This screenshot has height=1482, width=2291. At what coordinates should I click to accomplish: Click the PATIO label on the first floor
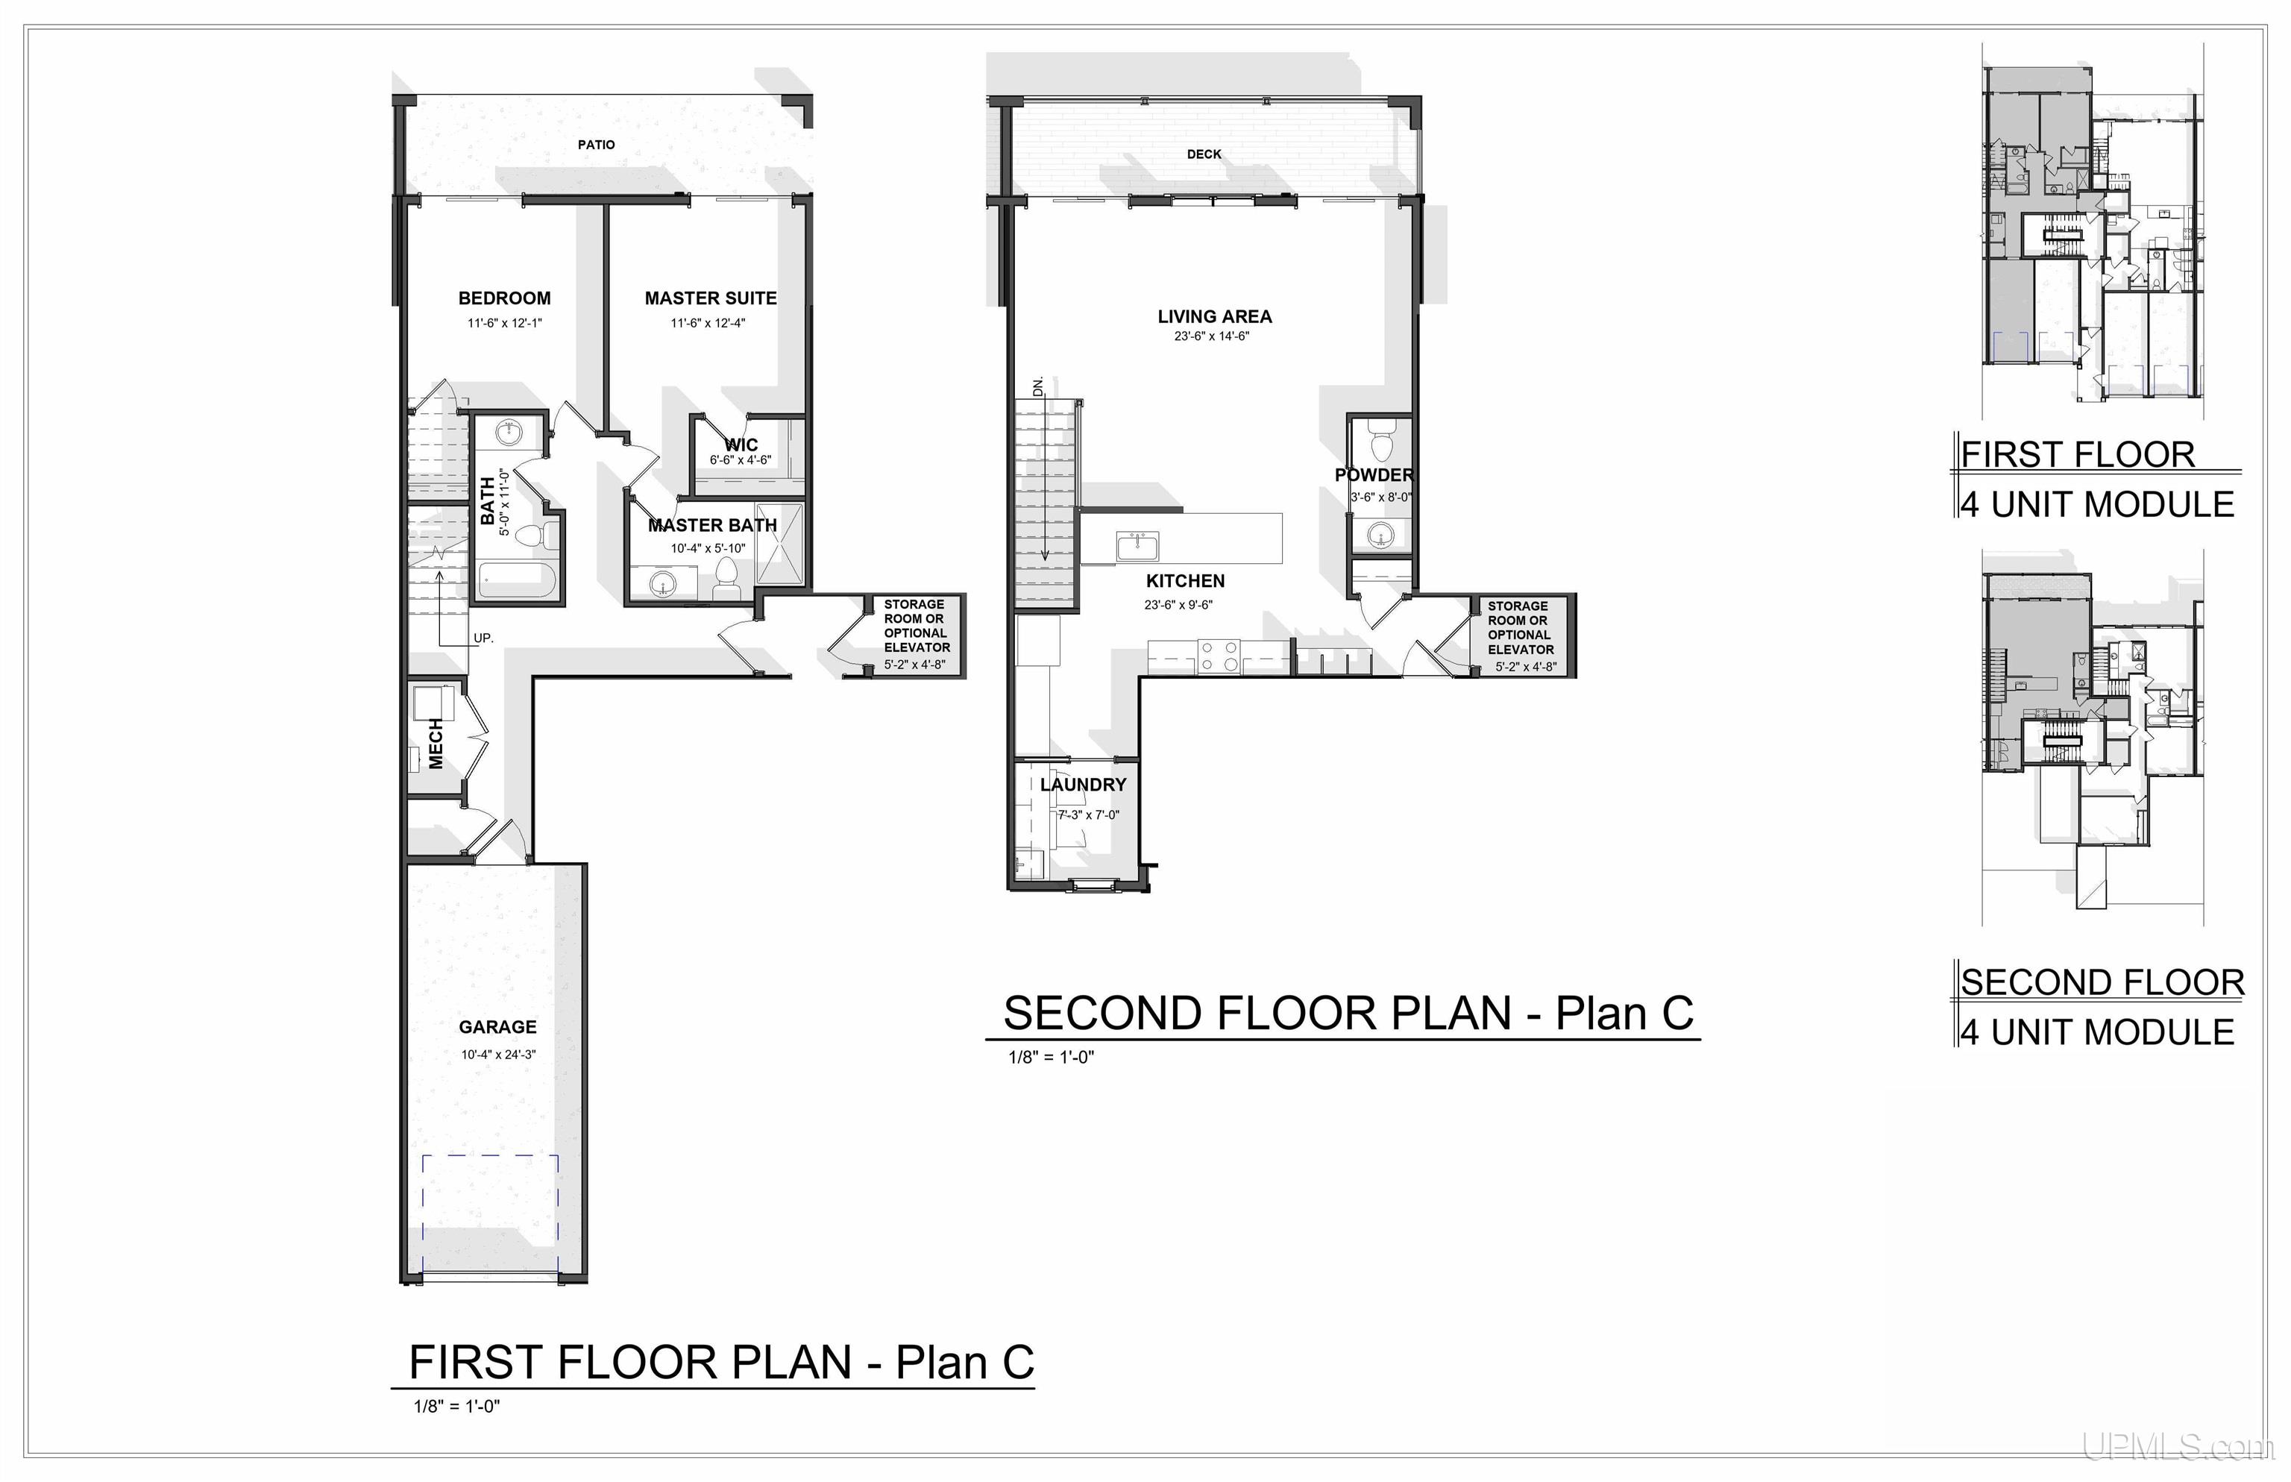click(596, 145)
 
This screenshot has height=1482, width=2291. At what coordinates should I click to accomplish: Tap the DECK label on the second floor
click(1204, 154)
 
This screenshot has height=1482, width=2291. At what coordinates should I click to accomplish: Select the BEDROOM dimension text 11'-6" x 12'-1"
click(504, 324)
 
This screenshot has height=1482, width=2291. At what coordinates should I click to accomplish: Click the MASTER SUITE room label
click(710, 298)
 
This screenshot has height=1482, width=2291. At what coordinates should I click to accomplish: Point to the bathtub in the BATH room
click(517, 581)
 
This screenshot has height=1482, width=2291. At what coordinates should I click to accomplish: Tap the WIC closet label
click(741, 445)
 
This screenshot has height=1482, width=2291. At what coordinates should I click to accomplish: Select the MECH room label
click(436, 743)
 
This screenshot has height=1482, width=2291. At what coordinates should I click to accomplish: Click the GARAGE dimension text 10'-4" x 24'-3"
click(497, 1055)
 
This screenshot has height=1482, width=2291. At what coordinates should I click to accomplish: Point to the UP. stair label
click(483, 638)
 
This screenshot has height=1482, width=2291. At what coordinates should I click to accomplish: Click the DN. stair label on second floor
click(1038, 387)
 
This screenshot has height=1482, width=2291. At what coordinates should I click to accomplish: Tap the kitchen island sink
click(1137, 547)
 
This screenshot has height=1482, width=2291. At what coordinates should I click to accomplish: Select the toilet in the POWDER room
click(1380, 445)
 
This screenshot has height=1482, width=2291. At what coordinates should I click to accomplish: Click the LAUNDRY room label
click(1082, 785)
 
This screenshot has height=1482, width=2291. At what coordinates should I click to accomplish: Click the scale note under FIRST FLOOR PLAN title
click(457, 1407)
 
